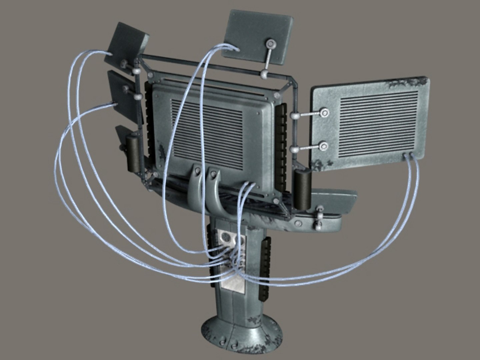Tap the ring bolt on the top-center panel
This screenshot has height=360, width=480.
pyautogui.click(x=270, y=44)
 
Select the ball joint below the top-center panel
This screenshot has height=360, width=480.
pyautogui.click(x=265, y=74)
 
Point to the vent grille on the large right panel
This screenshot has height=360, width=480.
pyautogui.click(x=378, y=123)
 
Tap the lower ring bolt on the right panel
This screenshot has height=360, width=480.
pyautogui.click(x=323, y=146)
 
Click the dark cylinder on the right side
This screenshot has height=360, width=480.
pyautogui.click(x=303, y=190)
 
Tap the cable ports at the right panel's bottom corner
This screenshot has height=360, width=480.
pyautogui.click(x=408, y=155)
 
